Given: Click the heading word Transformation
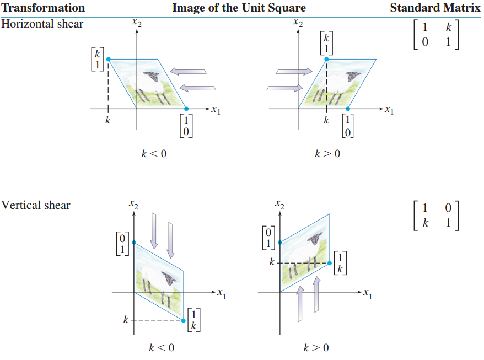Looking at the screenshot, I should tap(43, 8).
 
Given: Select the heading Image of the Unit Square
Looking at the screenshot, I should tap(239, 8).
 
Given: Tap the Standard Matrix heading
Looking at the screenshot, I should tap(435, 8).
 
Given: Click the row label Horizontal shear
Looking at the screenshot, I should tap(42, 24).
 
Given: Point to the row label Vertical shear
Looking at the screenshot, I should tap(36, 205).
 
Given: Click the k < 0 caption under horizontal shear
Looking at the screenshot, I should tap(154, 153).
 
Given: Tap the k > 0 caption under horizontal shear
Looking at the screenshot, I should tap(327, 153).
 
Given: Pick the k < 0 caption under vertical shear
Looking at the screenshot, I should tap(162, 347).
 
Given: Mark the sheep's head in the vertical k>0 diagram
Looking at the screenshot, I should tap(315, 239).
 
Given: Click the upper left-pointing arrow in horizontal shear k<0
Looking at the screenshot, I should tap(188, 71).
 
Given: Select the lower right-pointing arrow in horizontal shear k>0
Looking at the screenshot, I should tap(284, 88).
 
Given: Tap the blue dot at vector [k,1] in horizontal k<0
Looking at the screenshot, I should tap(108, 59).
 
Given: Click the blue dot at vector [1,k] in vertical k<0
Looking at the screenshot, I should tap(184, 320).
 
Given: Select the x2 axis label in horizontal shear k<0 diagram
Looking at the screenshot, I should tap(135, 23).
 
